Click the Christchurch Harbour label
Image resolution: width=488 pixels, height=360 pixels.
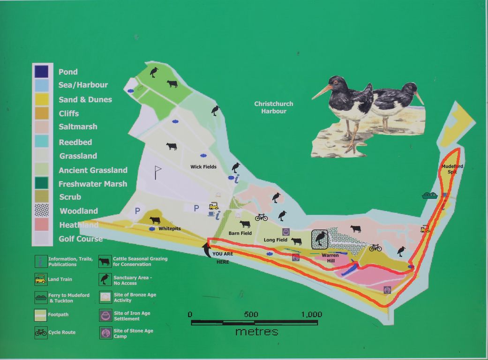[274, 107]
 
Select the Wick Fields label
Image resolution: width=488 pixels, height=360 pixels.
[203, 166]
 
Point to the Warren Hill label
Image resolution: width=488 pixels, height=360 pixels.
[330, 258]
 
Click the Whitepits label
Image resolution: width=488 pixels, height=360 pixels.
[169, 229]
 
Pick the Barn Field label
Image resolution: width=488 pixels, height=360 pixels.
[240, 233]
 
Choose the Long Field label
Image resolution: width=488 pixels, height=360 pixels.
[276, 240]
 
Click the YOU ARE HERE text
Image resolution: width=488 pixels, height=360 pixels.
[223, 258]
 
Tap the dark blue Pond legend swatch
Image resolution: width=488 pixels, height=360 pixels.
[41, 71]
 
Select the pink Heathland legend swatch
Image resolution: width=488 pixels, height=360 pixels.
[41, 225]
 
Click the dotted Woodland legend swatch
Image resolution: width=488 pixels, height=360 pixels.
[41, 210]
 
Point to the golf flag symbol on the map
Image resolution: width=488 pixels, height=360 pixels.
[158, 172]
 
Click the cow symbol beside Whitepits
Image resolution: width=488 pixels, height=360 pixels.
[155, 220]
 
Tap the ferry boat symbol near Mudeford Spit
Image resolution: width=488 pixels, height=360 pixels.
[429, 195]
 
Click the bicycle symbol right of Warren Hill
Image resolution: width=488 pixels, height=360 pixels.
[375, 247]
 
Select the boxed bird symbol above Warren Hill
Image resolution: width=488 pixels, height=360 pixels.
[321, 239]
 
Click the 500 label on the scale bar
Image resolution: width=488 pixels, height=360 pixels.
[251, 315]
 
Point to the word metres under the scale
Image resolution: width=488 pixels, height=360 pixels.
[256, 332]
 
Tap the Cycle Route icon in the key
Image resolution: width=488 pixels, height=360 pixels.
[41, 332]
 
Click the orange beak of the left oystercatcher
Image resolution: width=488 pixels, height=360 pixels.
[321, 92]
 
